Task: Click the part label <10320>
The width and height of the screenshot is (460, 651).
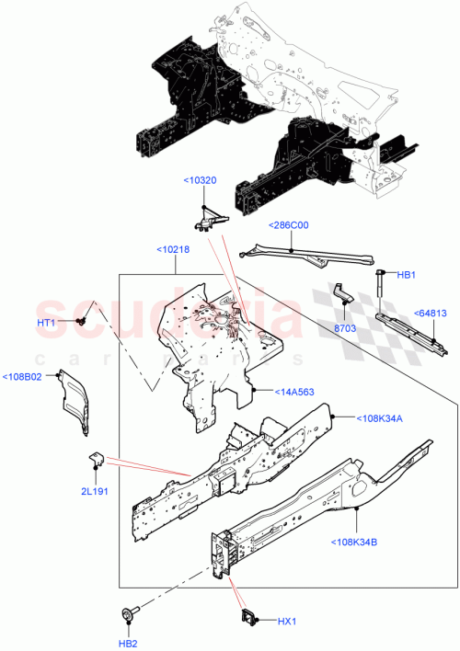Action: point(200,180)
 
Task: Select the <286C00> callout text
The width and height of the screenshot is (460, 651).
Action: point(288,225)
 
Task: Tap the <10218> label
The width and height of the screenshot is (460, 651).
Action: point(173,249)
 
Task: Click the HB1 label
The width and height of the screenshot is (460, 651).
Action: point(407,275)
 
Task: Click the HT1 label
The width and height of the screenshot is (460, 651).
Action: point(47,323)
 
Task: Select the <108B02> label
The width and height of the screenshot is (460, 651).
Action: point(21,376)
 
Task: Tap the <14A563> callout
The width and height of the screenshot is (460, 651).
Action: point(293,392)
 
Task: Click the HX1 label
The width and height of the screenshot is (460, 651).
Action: point(288,621)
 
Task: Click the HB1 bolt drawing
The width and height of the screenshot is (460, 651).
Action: point(377,286)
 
